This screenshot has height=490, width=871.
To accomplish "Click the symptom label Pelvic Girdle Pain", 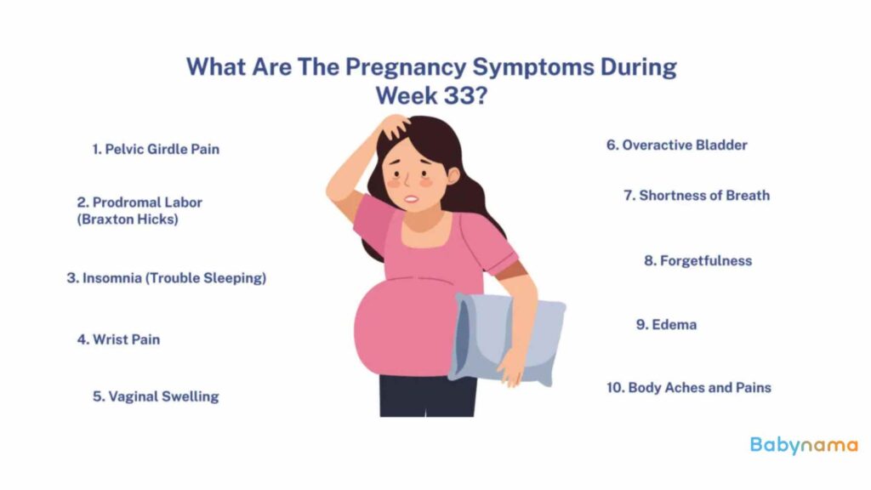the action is point(156,150).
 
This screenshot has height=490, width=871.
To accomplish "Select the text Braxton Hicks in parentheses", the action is point(128,219).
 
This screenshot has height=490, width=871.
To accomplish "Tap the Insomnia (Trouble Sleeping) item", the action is point(167,278).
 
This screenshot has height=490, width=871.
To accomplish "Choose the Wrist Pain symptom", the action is point(118,339).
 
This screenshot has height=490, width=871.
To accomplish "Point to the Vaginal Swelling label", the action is point(156,396).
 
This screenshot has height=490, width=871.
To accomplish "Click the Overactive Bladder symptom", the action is point(676,145).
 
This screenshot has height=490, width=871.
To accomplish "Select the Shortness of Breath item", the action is point(697,196).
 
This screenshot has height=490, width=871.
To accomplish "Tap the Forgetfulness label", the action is point(697,260).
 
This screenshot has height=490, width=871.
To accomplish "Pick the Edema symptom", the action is point(666,324).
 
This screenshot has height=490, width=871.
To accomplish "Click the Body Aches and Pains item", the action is point(689,388).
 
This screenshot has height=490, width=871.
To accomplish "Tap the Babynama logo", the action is point(804,446).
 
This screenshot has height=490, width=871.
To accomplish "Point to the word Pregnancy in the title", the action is point(406,67).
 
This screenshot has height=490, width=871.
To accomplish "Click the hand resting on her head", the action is point(396,126).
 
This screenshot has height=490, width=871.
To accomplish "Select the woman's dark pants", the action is point(427,396).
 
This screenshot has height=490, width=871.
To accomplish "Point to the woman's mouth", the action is point(411,199).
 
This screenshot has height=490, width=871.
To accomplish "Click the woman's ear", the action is point(453,175).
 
